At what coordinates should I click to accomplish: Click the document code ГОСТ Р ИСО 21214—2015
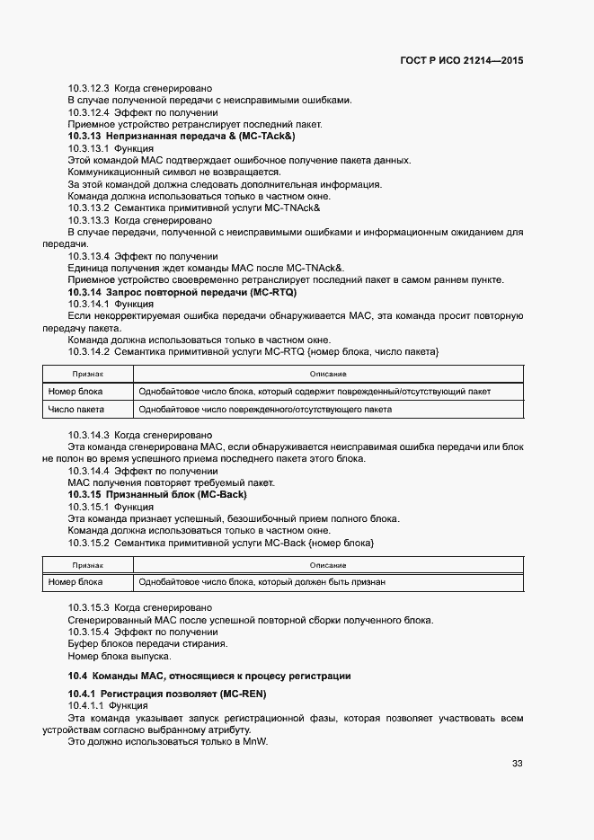click(x=461, y=60)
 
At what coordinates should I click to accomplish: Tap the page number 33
click(x=517, y=764)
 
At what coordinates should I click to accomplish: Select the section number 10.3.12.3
click(x=88, y=88)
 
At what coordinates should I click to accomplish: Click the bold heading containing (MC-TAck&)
click(x=182, y=136)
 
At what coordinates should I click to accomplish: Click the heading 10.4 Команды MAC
click(x=209, y=676)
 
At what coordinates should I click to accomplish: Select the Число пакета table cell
click(x=75, y=410)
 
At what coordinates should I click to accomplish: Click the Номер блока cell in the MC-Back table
click(x=75, y=582)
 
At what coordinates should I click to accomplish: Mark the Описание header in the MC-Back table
click(x=328, y=565)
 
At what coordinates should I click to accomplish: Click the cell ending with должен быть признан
click(x=262, y=582)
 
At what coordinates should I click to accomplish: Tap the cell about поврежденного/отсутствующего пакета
click(x=264, y=410)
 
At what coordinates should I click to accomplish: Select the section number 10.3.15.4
click(x=88, y=632)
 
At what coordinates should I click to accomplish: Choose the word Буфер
click(x=83, y=644)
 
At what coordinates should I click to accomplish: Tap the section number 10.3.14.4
click(x=88, y=471)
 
